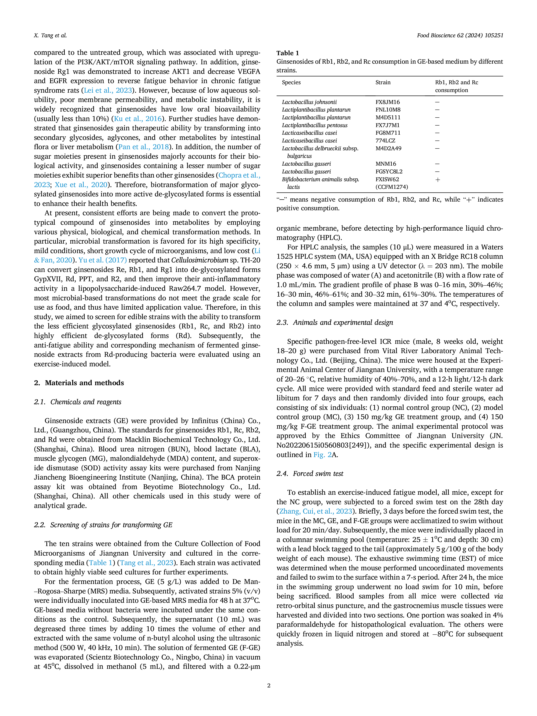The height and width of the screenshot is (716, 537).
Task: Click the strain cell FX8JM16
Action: (387, 102)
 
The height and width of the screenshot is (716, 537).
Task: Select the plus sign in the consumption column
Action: (438, 180)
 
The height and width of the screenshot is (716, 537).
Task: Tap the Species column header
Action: (291, 82)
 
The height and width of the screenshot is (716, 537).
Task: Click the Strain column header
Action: (383, 82)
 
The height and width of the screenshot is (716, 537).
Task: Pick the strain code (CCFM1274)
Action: (392, 187)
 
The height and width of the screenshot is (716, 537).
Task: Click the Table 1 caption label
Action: (288, 53)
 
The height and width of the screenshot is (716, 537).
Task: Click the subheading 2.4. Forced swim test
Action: (310, 474)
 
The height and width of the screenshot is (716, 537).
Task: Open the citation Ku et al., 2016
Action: (138, 119)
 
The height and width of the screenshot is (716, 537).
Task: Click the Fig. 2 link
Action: (322, 455)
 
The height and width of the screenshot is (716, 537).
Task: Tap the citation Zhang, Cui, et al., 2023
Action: (316, 511)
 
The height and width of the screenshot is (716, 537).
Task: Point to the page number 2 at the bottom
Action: (269, 685)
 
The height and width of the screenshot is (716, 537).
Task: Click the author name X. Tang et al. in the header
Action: (50, 36)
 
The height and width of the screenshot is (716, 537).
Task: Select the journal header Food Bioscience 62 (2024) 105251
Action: (460, 36)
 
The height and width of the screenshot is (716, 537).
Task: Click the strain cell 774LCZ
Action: (385, 141)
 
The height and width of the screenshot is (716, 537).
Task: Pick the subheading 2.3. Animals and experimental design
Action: (335, 322)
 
